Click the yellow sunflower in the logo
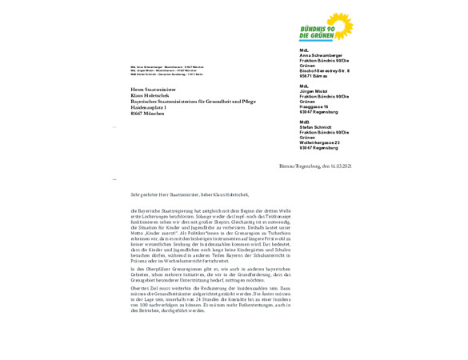click(x=341, y=23)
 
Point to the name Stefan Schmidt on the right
click(x=317, y=126)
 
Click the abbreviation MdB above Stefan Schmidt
click(x=303, y=122)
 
